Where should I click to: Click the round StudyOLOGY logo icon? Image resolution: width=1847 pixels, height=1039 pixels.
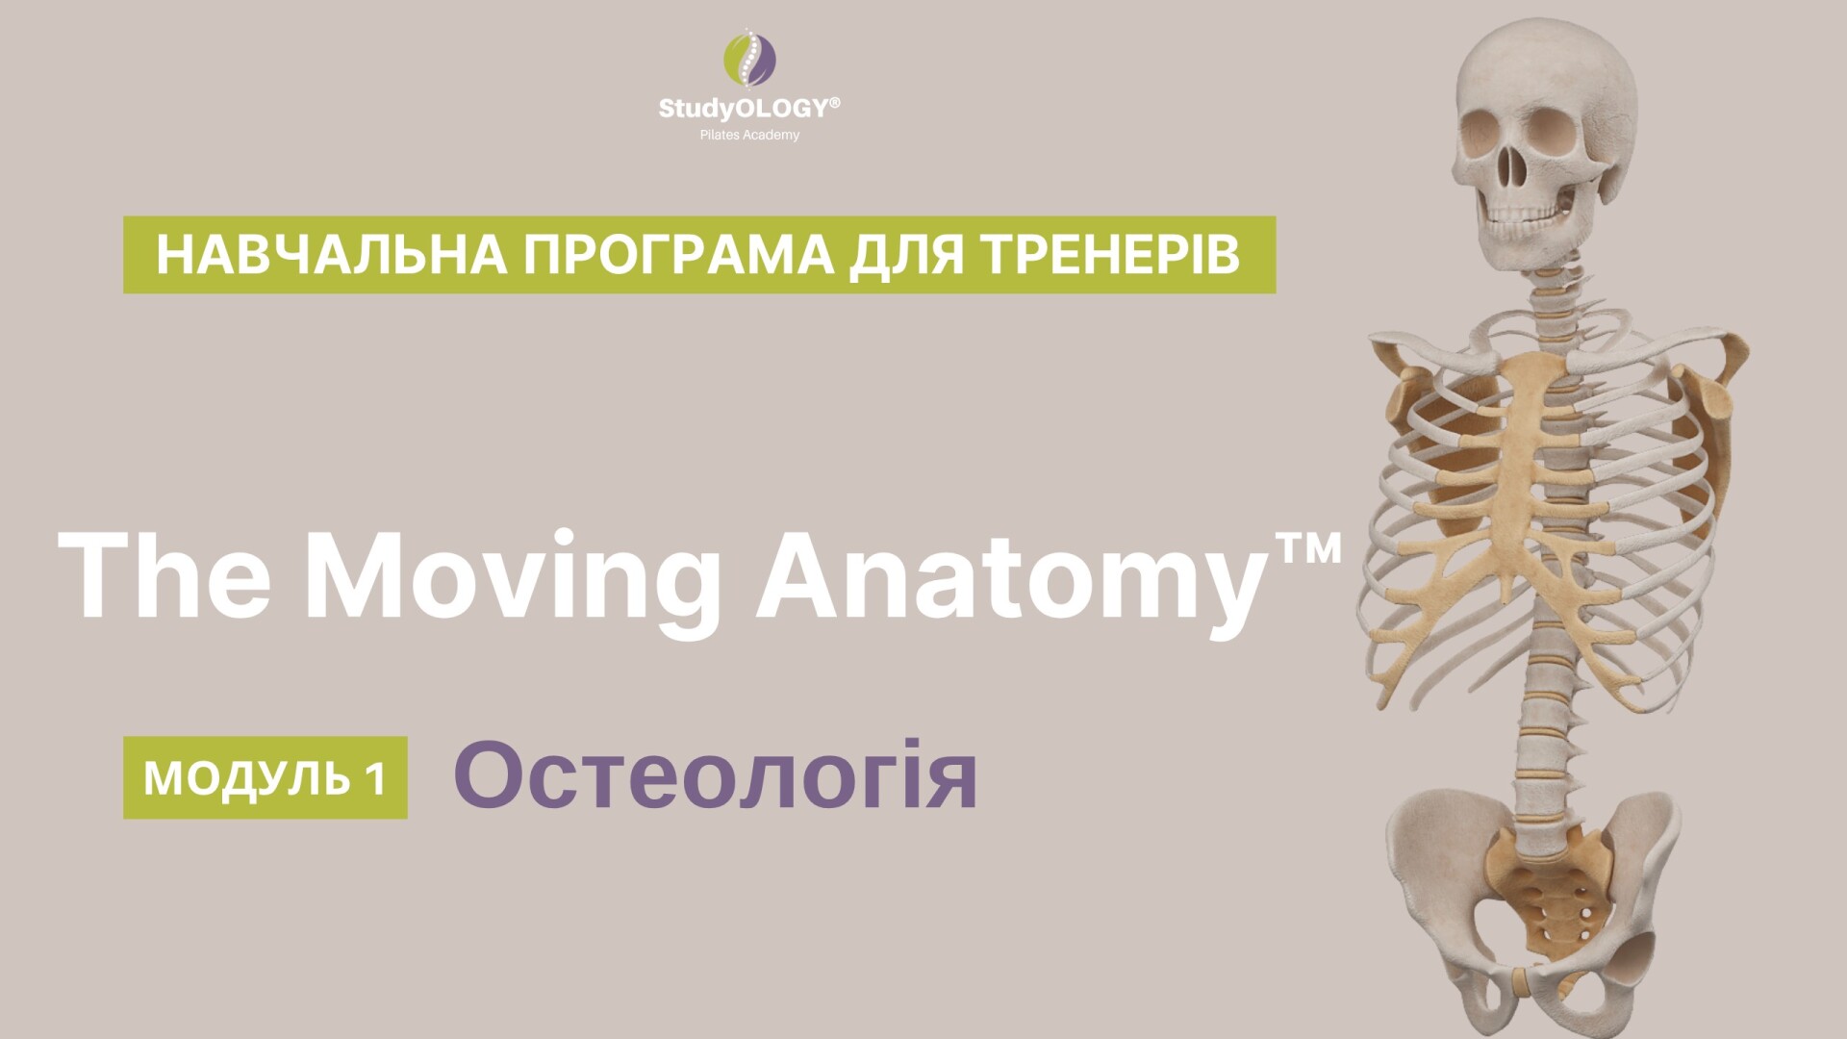750,59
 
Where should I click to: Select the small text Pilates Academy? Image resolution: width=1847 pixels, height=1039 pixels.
749,135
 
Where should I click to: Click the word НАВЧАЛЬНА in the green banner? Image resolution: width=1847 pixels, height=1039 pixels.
332,255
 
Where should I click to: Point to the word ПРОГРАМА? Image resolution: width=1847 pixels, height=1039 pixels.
678,255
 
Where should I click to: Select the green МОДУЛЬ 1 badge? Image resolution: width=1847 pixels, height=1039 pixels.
266,777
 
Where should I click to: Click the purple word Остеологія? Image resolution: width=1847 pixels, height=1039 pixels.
716,775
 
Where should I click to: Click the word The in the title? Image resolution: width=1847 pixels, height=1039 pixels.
165,575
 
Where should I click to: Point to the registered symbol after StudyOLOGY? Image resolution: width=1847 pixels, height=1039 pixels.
834,101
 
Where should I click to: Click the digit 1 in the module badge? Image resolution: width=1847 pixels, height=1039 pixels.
376,778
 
